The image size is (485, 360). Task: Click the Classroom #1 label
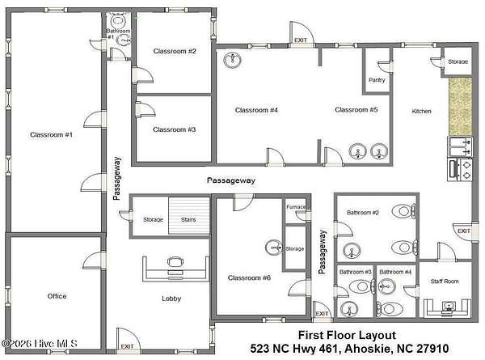point(52,134)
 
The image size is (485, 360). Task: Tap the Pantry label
point(377,80)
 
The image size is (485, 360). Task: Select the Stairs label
point(188,219)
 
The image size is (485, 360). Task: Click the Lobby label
point(171,299)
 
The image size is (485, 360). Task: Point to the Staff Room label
point(445,281)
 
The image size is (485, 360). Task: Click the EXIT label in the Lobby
point(127,346)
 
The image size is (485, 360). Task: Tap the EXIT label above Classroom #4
point(301,40)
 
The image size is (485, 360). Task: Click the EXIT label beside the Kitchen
point(464,231)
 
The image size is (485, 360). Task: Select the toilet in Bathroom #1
point(118,19)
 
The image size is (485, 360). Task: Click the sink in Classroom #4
point(233,60)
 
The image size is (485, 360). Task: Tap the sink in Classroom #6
point(274,248)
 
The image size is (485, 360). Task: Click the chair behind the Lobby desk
point(175,262)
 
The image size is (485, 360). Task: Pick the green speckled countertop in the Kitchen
point(460,106)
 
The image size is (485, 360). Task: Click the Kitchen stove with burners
point(460,170)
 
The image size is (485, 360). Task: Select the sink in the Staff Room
point(449,306)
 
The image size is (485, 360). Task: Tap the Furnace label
point(296,207)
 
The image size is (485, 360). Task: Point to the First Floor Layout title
point(347,335)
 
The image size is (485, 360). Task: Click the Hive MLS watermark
point(40,343)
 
